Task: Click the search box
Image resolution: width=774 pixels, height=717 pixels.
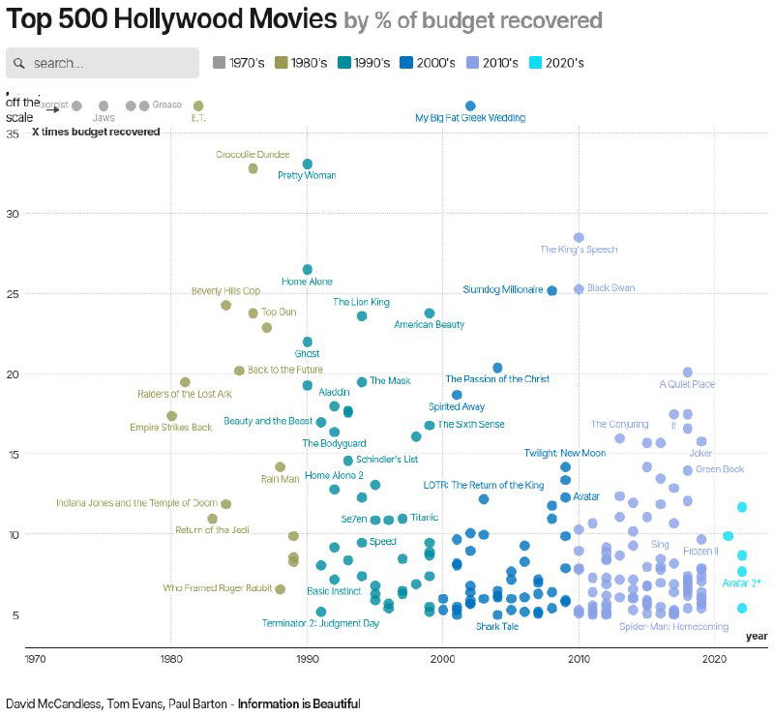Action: click(102, 63)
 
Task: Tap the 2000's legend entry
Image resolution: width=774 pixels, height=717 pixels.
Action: click(427, 63)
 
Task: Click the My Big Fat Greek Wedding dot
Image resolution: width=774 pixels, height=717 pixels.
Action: click(470, 105)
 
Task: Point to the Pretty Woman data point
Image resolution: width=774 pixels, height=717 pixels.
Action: click(308, 164)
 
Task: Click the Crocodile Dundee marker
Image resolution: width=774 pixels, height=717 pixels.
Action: click(253, 168)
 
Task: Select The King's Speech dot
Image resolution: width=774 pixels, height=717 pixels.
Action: click(579, 237)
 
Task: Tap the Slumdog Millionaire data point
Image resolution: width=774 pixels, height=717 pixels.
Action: click(552, 290)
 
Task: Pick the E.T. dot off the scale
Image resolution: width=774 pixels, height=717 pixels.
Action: click(198, 105)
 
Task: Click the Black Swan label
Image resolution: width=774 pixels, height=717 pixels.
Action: click(610, 288)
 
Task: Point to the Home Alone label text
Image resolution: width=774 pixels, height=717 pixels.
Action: click(307, 282)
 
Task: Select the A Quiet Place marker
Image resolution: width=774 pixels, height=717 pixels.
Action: click(688, 372)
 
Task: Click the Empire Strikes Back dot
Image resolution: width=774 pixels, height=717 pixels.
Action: click(171, 416)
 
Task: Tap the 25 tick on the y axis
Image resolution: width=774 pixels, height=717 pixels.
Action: click(13, 293)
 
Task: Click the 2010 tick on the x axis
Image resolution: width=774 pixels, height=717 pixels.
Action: click(579, 659)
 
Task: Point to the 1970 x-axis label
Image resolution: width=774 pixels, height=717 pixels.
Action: click(35, 659)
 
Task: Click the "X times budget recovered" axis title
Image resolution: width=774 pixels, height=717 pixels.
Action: click(96, 132)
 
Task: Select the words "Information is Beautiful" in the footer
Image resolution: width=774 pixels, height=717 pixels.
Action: click(299, 703)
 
